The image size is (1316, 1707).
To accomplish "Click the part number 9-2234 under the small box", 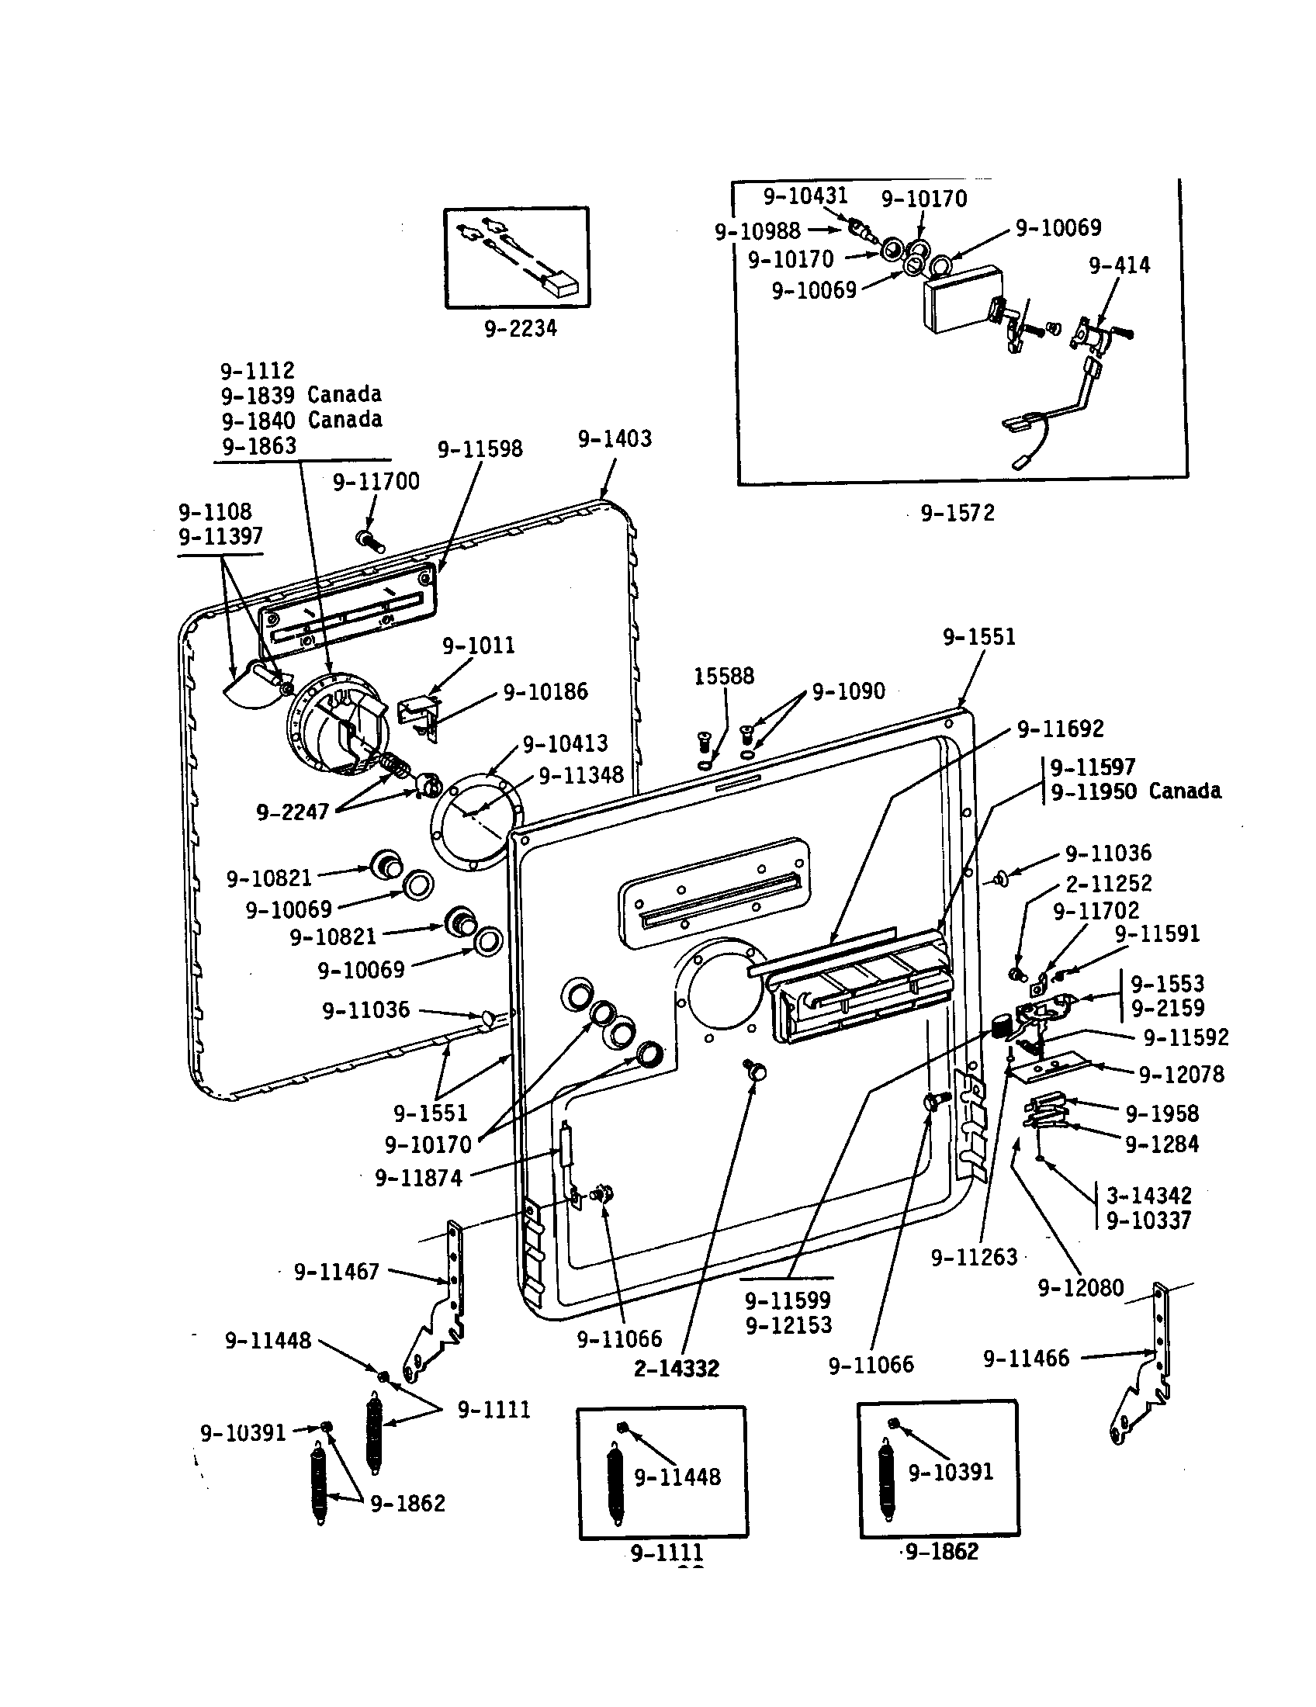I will [521, 329].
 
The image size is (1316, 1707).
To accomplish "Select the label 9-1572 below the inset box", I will [958, 514].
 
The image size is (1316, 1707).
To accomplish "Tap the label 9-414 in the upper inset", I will [1119, 265].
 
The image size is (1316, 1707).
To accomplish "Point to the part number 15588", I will [724, 676].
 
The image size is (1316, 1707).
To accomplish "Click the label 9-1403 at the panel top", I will [615, 439].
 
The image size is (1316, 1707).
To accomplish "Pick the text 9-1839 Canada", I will [301, 395].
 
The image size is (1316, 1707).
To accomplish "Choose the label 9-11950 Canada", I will [1135, 791].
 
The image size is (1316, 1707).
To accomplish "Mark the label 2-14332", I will [676, 1369].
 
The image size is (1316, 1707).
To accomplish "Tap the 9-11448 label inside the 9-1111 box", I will [677, 1477].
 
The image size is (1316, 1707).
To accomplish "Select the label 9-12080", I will [1080, 1288].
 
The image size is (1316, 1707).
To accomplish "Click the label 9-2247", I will [293, 812].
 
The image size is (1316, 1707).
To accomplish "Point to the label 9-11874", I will [419, 1178].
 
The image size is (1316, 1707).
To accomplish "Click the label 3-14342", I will [1148, 1195].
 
